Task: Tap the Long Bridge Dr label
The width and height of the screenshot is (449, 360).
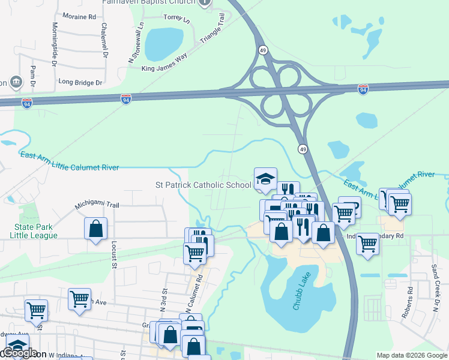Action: coord(80,82)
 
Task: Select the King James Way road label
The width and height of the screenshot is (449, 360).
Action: coord(164,60)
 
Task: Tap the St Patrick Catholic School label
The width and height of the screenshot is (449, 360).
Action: coord(203,185)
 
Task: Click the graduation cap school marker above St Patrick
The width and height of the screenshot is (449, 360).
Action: coord(265,178)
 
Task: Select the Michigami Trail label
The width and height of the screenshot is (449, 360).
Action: coord(97,205)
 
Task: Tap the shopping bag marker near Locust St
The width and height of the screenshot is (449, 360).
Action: coord(95,229)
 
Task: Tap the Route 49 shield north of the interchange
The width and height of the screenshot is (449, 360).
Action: coord(263,50)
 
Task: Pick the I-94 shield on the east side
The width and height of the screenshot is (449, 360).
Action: coord(363,89)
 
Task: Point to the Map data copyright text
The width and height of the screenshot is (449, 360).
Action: coord(412,355)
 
